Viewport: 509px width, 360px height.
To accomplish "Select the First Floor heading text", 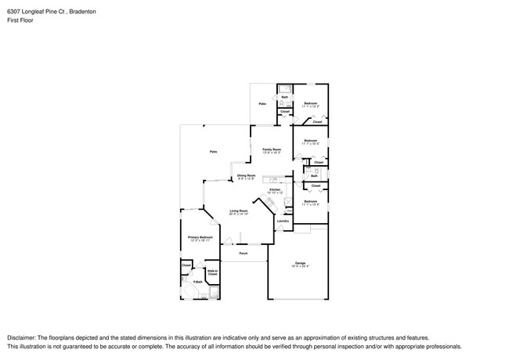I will point(19,23).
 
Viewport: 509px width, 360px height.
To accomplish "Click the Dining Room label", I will point(247,175).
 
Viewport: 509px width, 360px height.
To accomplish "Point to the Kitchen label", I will point(275,189).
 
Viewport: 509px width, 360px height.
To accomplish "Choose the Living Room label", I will point(239,211).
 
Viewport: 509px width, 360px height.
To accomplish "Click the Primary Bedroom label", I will point(200,236).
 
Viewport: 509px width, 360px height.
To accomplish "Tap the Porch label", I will point(244,254).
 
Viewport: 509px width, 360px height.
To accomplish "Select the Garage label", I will point(300,262).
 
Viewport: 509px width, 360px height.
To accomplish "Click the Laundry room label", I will point(283,221).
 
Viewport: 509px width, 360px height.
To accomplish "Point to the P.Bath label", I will point(198,282).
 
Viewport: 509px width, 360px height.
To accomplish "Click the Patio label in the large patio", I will point(213,151).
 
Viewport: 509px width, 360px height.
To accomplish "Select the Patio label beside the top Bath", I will point(263,103).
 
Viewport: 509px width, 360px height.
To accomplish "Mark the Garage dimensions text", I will point(300,267).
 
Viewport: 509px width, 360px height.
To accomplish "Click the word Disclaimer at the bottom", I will point(23,338).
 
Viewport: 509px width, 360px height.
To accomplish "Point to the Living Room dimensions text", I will point(239,214).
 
